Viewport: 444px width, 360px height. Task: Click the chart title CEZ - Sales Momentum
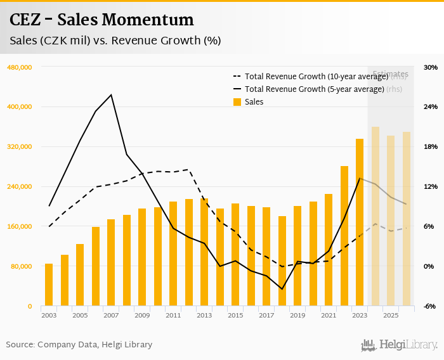coord(101,20)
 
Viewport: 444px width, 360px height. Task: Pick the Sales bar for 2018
coord(282,261)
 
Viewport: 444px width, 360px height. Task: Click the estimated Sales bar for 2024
coord(375,216)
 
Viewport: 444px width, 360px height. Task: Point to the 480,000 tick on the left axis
coord(18,67)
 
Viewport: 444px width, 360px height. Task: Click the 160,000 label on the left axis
coord(18,226)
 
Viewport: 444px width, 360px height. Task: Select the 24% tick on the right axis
coord(431,107)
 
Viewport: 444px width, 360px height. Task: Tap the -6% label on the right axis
coord(430,306)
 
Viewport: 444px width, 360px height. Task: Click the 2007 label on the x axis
coord(111,315)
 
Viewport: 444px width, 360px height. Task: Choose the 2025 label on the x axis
coord(391,315)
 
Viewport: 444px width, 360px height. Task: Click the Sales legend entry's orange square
coord(237,102)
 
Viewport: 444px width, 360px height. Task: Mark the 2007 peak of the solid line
coord(112,95)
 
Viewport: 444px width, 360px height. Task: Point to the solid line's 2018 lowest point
coord(282,289)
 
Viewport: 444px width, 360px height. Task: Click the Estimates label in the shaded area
coord(390,74)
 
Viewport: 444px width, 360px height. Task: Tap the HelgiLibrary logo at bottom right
coord(399,345)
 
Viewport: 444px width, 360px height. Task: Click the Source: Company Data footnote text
coord(79,345)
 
